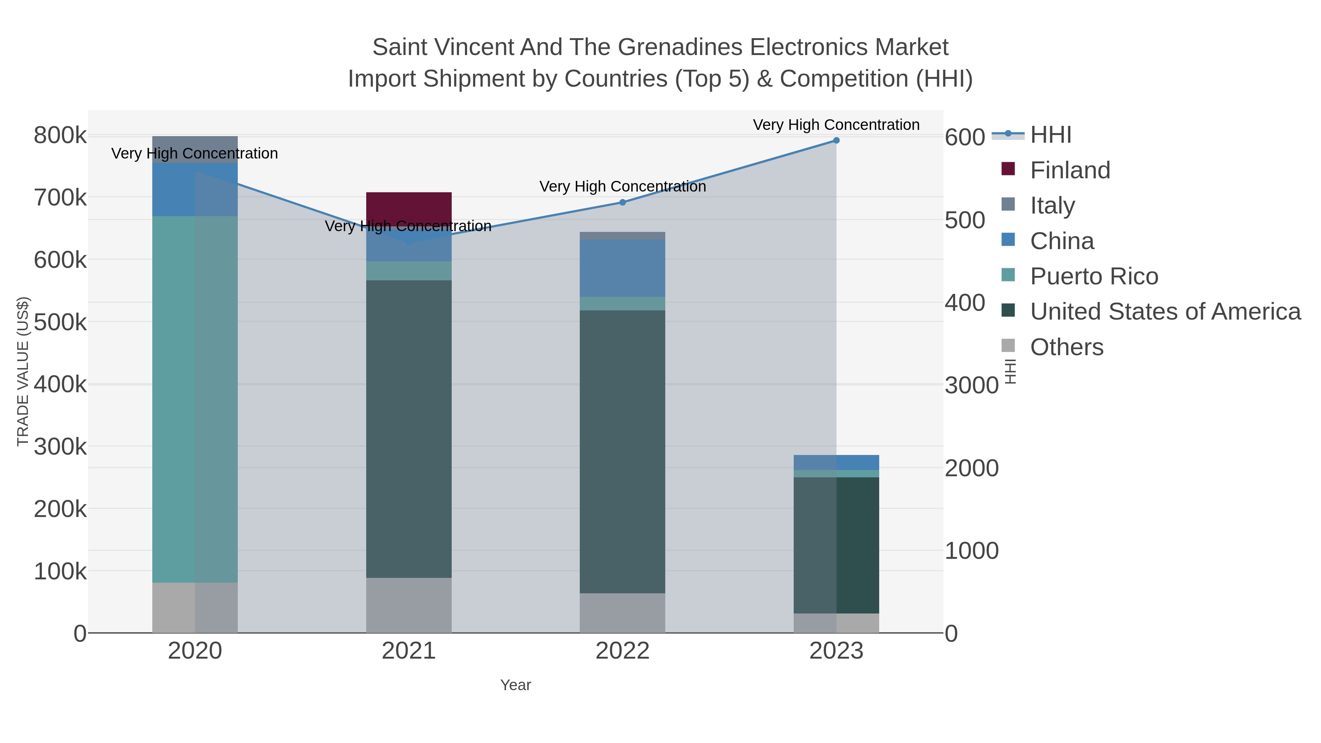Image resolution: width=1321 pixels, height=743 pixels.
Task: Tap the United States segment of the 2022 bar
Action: tap(622, 451)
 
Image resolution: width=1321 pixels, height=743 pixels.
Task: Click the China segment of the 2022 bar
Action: tap(622, 268)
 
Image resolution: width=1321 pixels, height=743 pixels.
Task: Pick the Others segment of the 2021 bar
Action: tap(409, 605)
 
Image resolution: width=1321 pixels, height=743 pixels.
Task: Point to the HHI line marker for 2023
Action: tap(836, 141)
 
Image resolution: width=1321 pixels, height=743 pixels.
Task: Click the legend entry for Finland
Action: tap(1070, 170)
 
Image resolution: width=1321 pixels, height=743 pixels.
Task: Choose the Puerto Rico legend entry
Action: tap(1094, 276)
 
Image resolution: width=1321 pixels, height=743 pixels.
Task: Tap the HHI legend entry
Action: tap(1050, 135)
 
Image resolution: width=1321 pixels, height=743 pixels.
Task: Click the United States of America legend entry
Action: tap(1165, 312)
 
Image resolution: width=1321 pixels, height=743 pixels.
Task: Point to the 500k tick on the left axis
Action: tap(60, 323)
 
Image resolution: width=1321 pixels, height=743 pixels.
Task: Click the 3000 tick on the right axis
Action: tap(971, 386)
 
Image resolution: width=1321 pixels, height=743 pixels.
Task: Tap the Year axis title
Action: tap(516, 685)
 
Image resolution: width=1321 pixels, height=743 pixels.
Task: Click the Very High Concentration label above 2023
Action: tap(836, 125)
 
